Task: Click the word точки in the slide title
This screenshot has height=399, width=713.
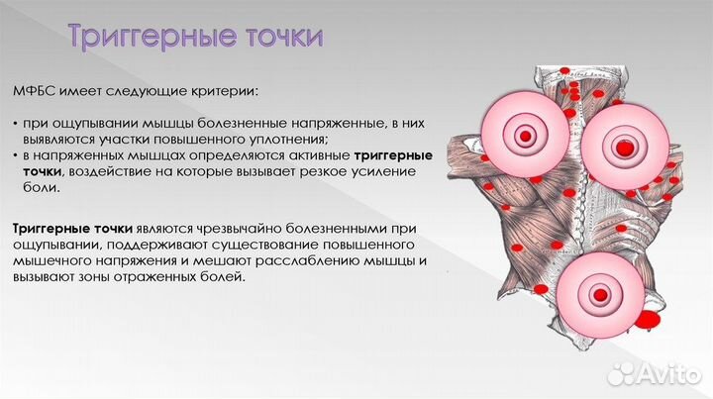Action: (278, 39)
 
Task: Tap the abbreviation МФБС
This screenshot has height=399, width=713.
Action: (38, 92)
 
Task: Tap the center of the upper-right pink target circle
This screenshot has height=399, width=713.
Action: (624, 144)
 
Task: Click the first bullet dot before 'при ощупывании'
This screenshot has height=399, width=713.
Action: (17, 124)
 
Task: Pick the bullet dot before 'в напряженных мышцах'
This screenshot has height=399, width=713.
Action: (17, 155)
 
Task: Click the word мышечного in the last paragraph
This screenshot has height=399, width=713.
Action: (52, 261)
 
